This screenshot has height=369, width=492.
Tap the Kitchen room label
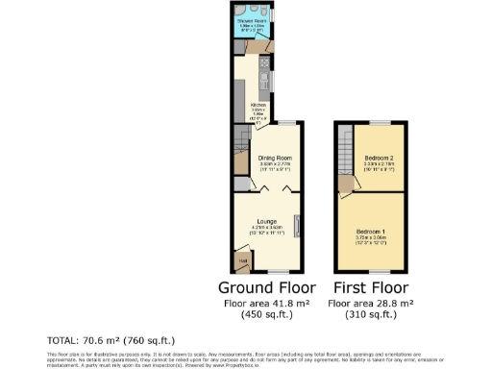click(258, 106)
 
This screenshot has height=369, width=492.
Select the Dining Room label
click(276, 158)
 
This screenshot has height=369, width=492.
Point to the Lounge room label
click(269, 221)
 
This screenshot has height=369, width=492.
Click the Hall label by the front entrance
click(242, 259)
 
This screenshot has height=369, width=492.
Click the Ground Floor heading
click(269, 287)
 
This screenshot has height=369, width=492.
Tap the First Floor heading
click(371, 287)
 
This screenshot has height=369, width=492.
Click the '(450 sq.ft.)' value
click(269, 315)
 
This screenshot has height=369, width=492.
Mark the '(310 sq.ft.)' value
click(371, 315)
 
